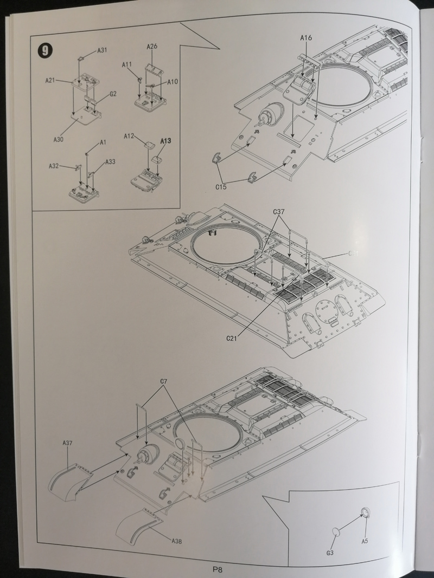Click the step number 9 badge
(x=44, y=51)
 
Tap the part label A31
(x=102, y=50)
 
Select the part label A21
(x=50, y=81)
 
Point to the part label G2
(x=113, y=94)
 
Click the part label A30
(x=59, y=139)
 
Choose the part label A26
(x=152, y=47)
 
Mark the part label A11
(x=127, y=64)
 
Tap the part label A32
(x=54, y=166)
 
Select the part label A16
(x=307, y=37)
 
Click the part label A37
(x=67, y=443)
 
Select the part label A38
(x=176, y=541)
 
